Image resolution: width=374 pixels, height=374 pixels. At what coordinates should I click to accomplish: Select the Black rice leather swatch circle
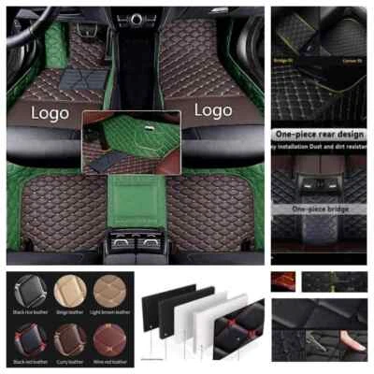click(25, 293)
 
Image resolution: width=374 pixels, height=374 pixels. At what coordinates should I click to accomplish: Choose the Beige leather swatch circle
click(67, 293)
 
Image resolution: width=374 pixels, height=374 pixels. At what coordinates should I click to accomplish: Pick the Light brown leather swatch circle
click(109, 293)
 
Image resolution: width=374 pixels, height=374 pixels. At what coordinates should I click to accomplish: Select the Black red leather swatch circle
click(25, 336)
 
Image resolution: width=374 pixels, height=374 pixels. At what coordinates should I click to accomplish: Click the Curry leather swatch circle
click(67, 336)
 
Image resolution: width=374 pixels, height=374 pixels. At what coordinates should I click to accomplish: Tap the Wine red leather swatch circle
click(109, 336)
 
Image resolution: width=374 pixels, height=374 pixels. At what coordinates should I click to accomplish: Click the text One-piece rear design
click(322, 135)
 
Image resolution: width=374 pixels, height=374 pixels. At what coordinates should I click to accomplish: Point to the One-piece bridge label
click(322, 209)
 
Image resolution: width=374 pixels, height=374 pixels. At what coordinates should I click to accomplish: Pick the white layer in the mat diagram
click(211, 323)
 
